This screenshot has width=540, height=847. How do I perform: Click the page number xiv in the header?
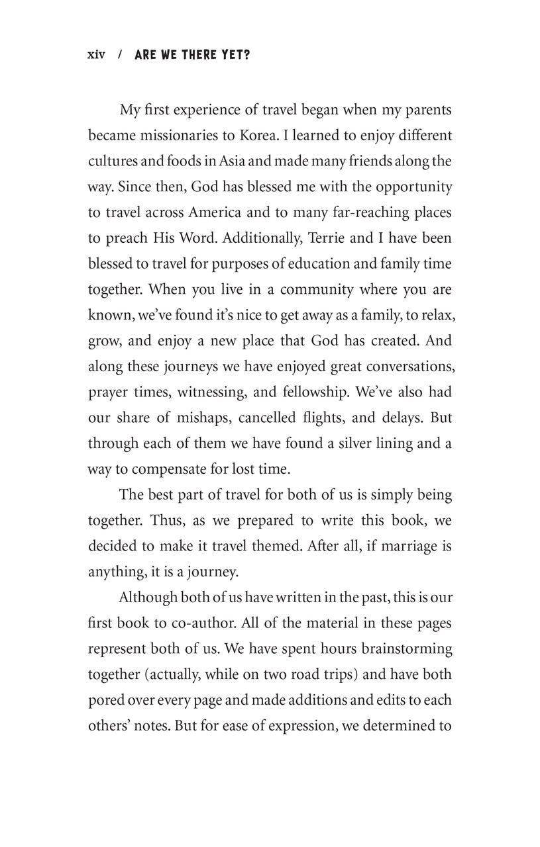coord(96,56)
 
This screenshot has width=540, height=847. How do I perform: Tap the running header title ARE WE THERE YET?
coord(192,56)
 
